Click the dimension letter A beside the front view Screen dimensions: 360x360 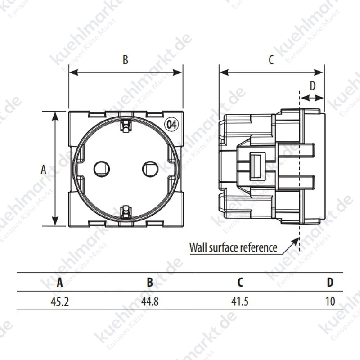(43, 170)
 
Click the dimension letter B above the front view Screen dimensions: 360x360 (126, 59)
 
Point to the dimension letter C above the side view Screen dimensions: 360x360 (271, 60)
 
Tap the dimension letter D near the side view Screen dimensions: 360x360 (312, 86)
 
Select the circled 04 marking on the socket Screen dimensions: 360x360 (172, 125)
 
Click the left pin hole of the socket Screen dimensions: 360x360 (102, 169)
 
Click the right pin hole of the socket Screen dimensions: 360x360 (150, 169)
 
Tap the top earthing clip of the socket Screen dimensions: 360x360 (126, 126)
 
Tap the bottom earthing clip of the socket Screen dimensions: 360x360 (126, 212)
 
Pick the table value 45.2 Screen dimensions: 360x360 (60, 301)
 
